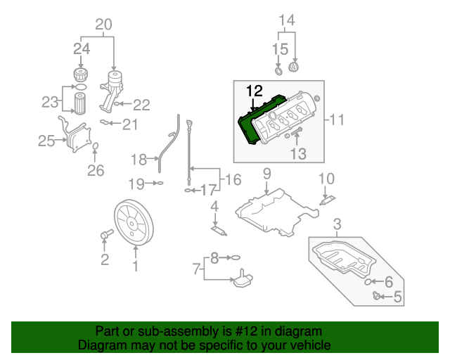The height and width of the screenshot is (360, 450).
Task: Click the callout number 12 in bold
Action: pyautogui.click(x=253, y=91)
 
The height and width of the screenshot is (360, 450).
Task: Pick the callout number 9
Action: pyautogui.click(x=266, y=173)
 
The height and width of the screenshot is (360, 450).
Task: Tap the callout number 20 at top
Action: pyautogui.click(x=103, y=25)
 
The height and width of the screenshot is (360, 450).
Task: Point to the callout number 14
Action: pyautogui.click(x=285, y=20)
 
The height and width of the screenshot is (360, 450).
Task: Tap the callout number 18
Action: pyautogui.click(x=138, y=159)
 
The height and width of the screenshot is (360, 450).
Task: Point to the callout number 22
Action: pyautogui.click(x=142, y=105)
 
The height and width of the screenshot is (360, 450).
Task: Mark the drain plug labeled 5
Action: pyautogui.click(x=378, y=296)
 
